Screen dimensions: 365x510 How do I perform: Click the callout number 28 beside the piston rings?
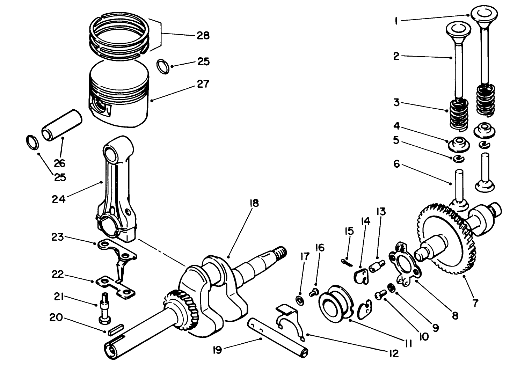coord(203,35)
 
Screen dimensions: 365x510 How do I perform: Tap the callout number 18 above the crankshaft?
coord(254,203)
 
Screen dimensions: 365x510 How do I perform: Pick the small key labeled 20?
coord(115,329)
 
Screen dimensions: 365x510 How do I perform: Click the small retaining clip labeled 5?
coord(458,159)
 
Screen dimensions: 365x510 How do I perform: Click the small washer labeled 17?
coord(299,300)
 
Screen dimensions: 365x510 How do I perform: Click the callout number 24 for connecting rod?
coord(59,200)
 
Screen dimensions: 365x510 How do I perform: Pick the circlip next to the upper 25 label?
coord(163,67)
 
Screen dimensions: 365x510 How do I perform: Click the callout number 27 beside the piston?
coord(203,84)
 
